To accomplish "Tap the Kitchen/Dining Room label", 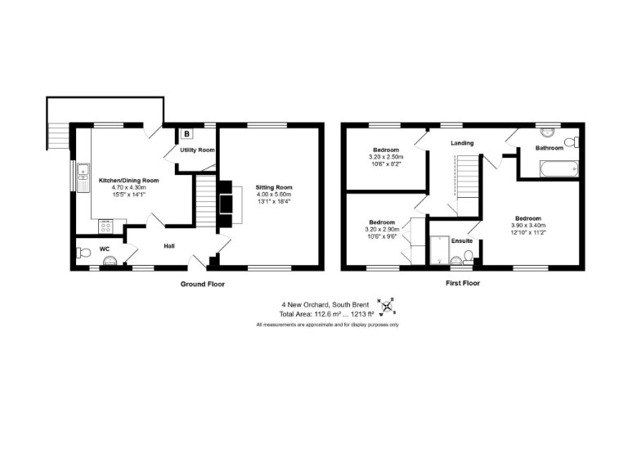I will [x=128, y=180].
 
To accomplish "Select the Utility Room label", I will [x=197, y=150].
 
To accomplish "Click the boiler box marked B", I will [x=187, y=133].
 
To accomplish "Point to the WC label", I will [x=104, y=248].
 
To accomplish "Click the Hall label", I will [x=168, y=245].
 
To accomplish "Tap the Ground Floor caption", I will [x=202, y=284].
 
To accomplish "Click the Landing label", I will [x=462, y=143].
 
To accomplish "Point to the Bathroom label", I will [x=549, y=148].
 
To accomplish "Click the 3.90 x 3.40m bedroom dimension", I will [x=527, y=226].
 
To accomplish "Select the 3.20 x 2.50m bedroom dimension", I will [x=385, y=157].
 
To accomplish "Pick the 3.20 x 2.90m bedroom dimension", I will [x=383, y=230].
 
